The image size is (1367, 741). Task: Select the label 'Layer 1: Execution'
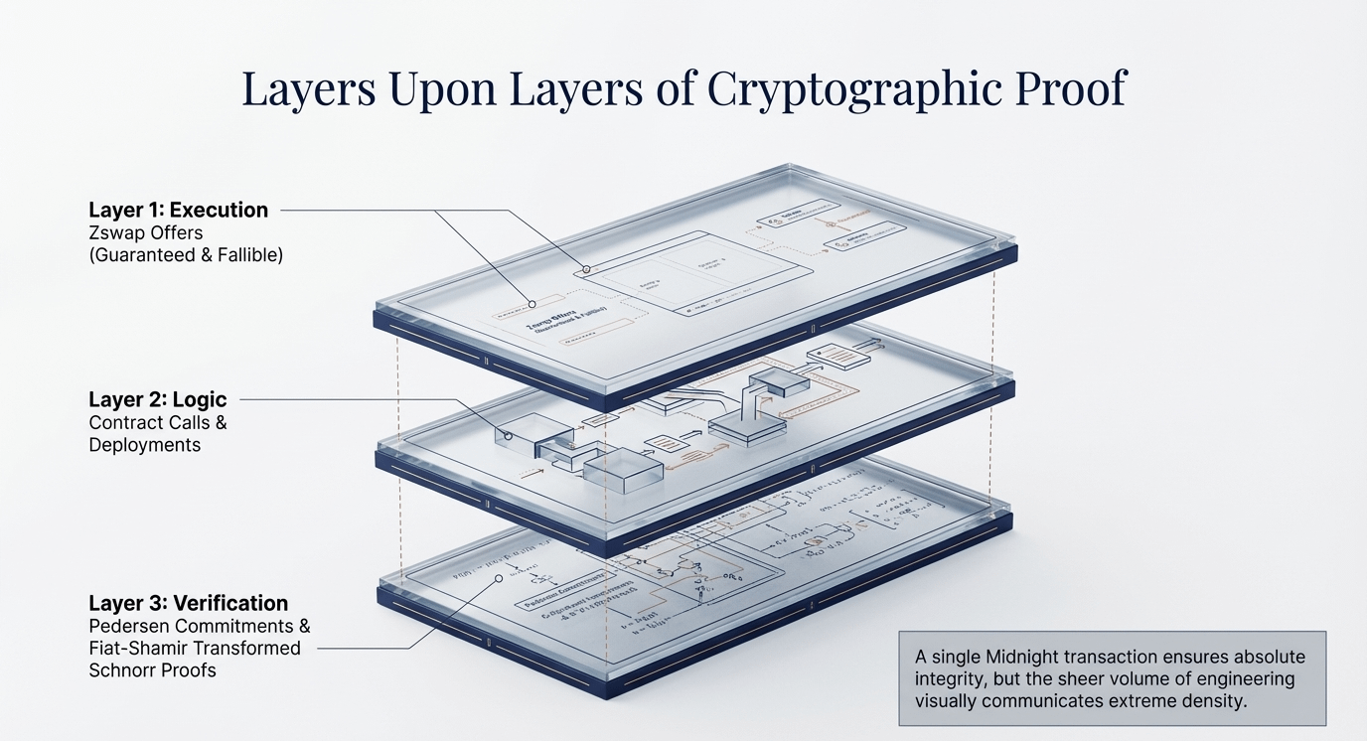coord(179,210)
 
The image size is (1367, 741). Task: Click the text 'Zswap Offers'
coord(144,233)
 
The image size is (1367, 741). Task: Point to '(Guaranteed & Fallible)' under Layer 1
coord(186,255)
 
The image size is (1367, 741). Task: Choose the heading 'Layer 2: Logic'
coord(158,399)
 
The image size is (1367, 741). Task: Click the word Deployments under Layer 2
coord(145,445)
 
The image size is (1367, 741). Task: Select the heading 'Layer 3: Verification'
coord(188,603)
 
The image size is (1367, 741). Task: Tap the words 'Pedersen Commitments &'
coord(200,627)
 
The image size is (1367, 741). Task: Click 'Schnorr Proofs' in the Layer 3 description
coord(152,670)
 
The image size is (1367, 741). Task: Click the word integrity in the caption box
coord(949,678)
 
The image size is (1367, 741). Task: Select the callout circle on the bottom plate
coord(498,580)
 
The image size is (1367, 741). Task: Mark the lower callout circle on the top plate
coord(532,304)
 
